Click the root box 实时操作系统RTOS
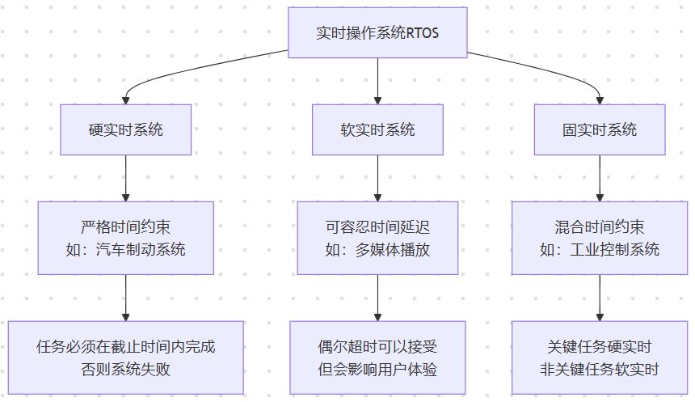[x=377, y=33]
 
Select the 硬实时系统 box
[x=125, y=129]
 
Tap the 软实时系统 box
[x=377, y=129]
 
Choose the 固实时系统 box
[x=599, y=129]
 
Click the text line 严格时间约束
[x=125, y=227]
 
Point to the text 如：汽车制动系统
[x=125, y=249]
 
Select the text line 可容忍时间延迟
[x=377, y=227]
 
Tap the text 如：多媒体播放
[x=377, y=249]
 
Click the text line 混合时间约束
[x=599, y=227]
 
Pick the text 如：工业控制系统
[x=599, y=249]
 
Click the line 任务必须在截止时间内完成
[x=125, y=347]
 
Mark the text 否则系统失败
[x=125, y=369]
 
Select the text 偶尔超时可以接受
[x=377, y=347]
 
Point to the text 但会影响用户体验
[x=377, y=369]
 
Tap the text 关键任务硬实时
[x=599, y=347]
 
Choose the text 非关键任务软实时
[x=599, y=369]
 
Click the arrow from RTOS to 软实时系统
[x=377, y=81]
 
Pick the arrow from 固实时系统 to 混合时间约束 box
[x=599, y=178]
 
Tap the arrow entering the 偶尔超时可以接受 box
[x=377, y=299]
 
